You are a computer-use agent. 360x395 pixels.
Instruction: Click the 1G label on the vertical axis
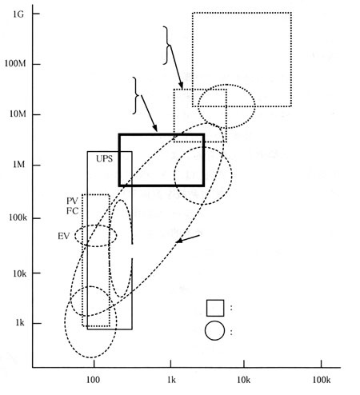pyautogui.click(x=18, y=14)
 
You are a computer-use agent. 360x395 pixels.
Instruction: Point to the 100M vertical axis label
pyautogui.click(x=15, y=64)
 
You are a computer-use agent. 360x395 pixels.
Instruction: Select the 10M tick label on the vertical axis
pyautogui.click(x=18, y=114)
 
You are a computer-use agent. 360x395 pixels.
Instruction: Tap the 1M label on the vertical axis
pyautogui.click(x=18, y=165)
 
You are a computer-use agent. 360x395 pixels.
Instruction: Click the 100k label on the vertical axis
pyautogui.click(x=18, y=217)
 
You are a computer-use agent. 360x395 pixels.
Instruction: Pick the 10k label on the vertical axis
pyautogui.click(x=20, y=273)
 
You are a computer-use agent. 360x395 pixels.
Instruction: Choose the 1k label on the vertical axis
pyautogui.click(x=20, y=323)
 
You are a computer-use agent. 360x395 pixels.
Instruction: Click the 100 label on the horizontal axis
pyautogui.click(x=94, y=380)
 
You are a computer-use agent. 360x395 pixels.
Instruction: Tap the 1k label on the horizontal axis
pyautogui.click(x=171, y=380)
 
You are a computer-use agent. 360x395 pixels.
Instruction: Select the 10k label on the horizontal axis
pyautogui.click(x=244, y=380)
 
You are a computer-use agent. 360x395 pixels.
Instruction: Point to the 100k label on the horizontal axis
pyautogui.click(x=322, y=380)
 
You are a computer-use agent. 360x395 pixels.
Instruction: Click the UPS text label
pyautogui.click(x=104, y=159)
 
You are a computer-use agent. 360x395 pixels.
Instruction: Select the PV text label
pyautogui.click(x=72, y=201)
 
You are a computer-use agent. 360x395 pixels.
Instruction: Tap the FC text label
pyautogui.click(x=72, y=211)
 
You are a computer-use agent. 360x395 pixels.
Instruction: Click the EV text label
pyautogui.click(x=64, y=236)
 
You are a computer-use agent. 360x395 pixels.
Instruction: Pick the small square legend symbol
pyautogui.click(x=215, y=308)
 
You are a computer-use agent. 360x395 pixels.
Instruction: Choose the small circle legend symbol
pyautogui.click(x=214, y=331)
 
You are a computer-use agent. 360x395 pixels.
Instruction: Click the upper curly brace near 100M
pyautogui.click(x=167, y=46)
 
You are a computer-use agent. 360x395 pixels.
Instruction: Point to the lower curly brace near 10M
pyautogui.click(x=136, y=95)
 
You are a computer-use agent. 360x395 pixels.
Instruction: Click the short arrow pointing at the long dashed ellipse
pyautogui.click(x=188, y=239)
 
